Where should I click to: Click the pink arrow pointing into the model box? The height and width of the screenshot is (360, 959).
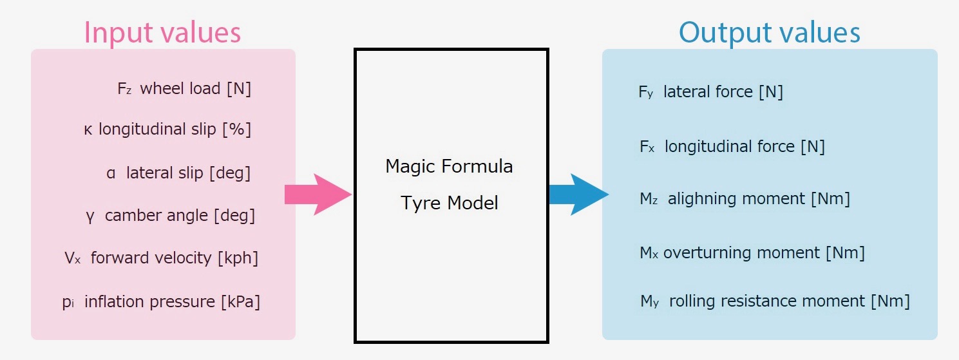[317, 194]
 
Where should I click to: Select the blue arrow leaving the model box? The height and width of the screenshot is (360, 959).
[577, 194]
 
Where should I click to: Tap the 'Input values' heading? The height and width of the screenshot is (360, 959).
[162, 33]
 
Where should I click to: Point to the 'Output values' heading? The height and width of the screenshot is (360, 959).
[769, 33]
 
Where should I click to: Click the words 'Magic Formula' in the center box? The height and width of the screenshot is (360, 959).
[449, 166]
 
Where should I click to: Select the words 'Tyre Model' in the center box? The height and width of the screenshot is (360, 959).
[449, 203]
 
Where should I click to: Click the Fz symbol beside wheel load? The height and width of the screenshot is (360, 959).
[125, 89]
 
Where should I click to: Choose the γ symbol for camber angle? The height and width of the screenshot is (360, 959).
[90, 215]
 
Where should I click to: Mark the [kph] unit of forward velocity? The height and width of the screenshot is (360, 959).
[238, 258]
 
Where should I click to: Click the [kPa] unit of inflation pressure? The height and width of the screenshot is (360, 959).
[240, 301]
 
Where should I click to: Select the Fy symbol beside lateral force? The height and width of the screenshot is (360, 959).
[646, 92]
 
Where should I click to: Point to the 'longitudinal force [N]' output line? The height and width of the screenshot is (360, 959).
[745, 146]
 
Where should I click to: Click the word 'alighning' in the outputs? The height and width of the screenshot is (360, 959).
[704, 198]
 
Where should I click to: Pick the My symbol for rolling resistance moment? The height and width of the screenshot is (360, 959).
[647, 301]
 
